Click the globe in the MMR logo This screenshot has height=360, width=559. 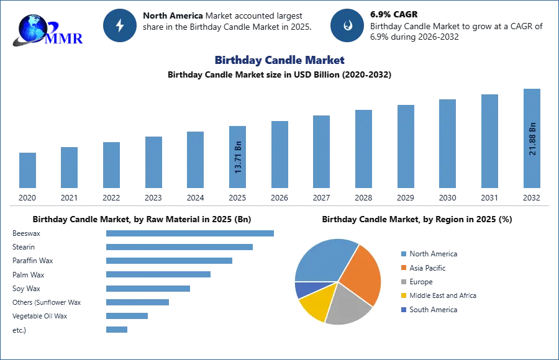click(x=31, y=27)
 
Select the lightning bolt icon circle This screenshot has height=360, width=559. click(x=120, y=25)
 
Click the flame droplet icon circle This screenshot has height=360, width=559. click(x=348, y=25)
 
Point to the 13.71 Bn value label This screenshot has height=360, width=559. click(x=239, y=157)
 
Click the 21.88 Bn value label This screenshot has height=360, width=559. click(x=532, y=138)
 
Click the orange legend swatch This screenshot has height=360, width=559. click(x=403, y=268)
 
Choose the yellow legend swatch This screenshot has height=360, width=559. click(x=403, y=295)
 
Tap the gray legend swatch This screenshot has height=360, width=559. click(x=403, y=282)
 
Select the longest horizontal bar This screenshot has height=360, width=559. click(x=191, y=233)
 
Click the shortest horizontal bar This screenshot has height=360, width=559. click(x=117, y=328)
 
